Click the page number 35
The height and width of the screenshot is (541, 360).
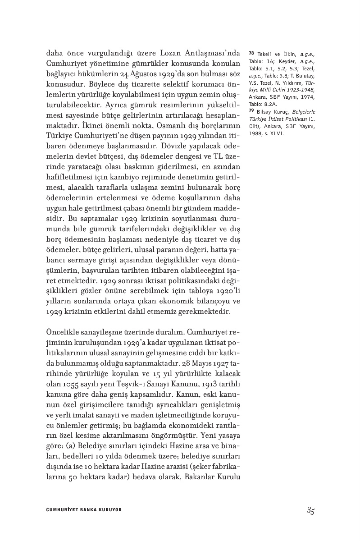[310, 510]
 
